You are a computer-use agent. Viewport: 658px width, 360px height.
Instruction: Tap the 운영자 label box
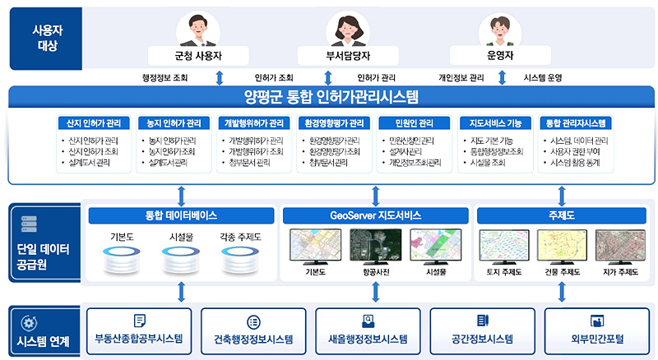(500, 56)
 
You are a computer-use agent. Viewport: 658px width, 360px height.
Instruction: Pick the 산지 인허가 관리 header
(94, 123)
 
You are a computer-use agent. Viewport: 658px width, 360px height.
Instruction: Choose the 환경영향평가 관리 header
(334, 123)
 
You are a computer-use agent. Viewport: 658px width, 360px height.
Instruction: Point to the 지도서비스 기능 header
(495, 123)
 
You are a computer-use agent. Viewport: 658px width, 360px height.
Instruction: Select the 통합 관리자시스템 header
(577, 123)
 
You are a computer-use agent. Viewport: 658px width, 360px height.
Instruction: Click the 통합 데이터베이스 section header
(181, 216)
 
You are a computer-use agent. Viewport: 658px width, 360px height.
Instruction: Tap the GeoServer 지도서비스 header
(375, 216)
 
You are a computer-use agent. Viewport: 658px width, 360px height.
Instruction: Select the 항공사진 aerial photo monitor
(375, 246)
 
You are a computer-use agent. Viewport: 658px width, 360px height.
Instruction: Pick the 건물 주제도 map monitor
(563, 246)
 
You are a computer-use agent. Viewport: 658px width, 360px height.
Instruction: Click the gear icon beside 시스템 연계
(29, 323)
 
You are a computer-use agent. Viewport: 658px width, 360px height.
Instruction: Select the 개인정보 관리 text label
(461, 78)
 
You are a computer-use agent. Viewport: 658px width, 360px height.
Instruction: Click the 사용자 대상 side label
(47, 37)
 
